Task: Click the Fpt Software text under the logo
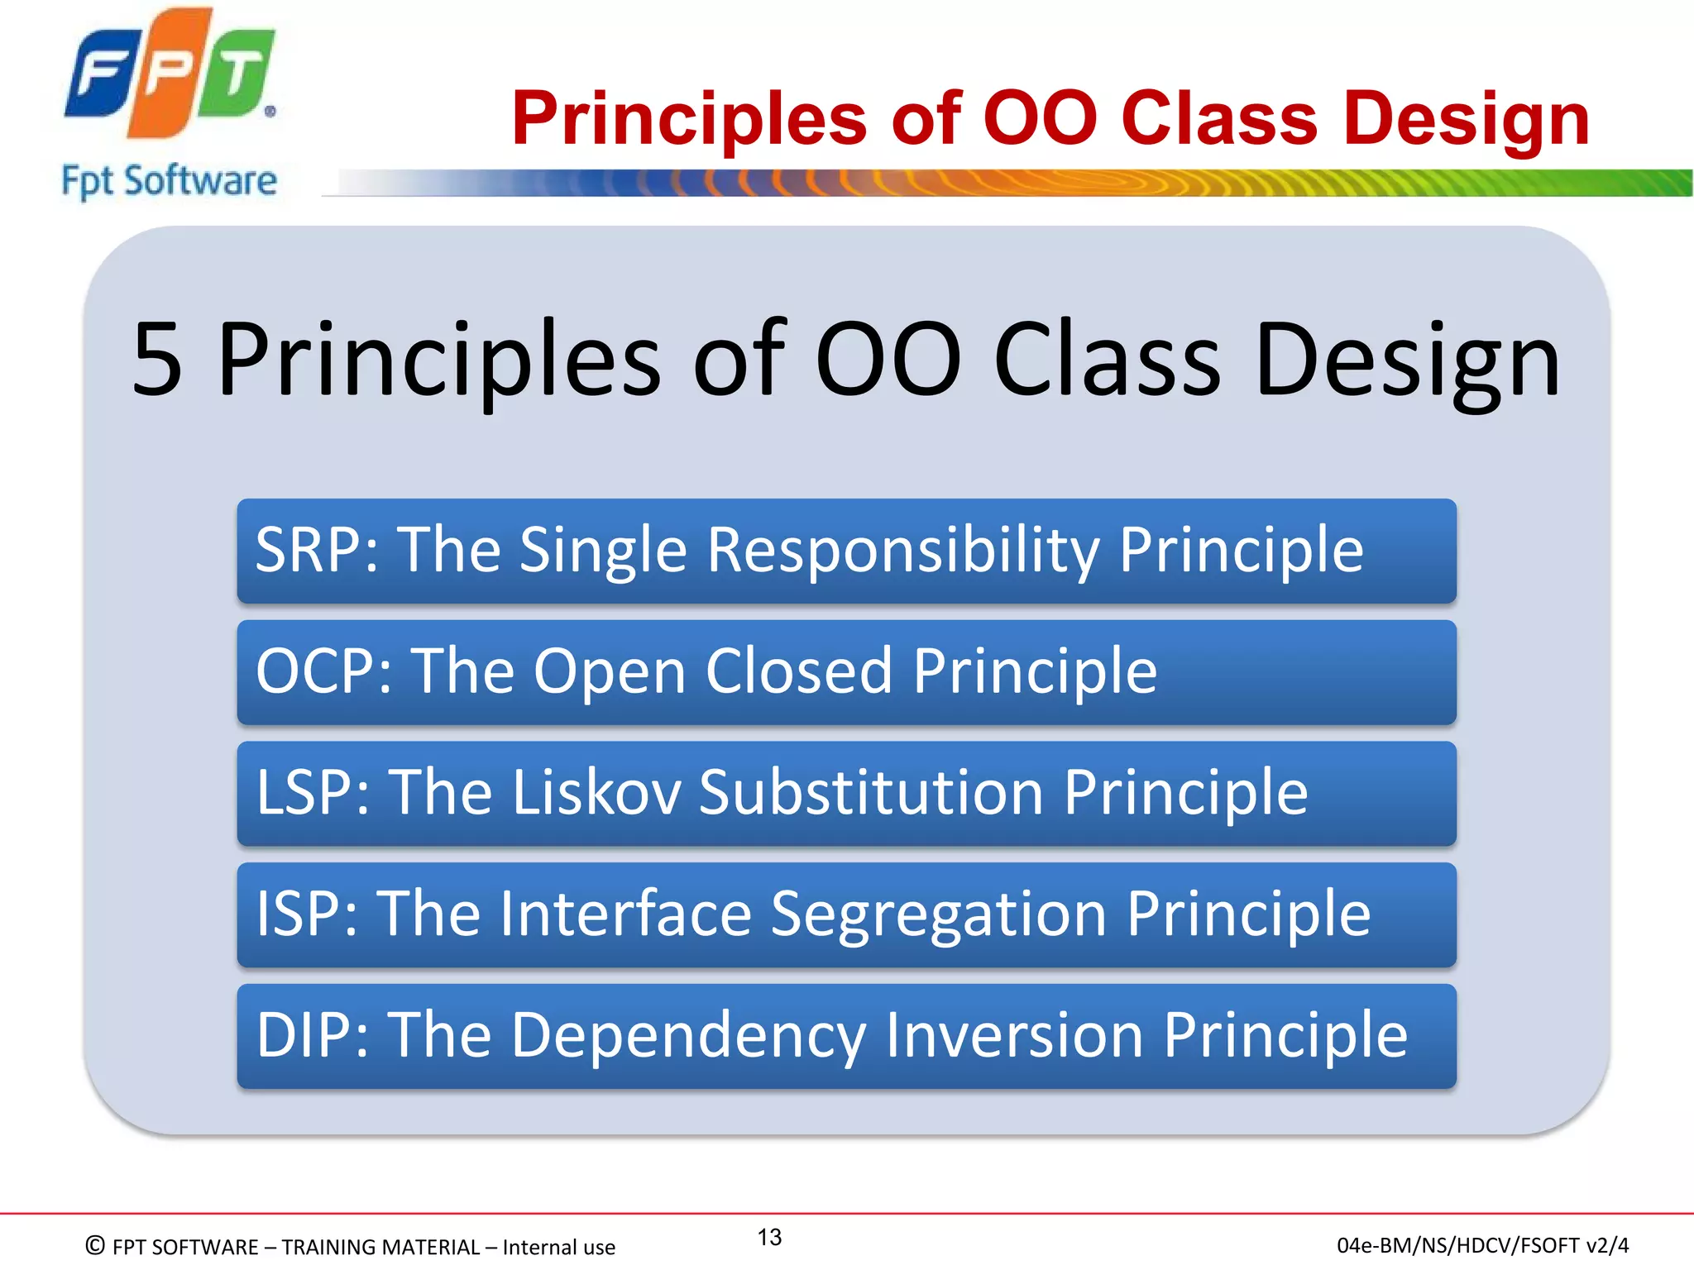pos(169,181)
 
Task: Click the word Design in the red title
pos(1466,119)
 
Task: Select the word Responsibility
pos(903,550)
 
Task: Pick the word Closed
pos(798,671)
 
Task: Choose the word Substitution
pos(871,792)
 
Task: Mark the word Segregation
pos(938,914)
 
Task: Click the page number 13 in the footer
pos(769,1237)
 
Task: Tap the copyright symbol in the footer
pos(95,1245)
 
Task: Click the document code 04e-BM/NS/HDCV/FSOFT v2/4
pos(1482,1245)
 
